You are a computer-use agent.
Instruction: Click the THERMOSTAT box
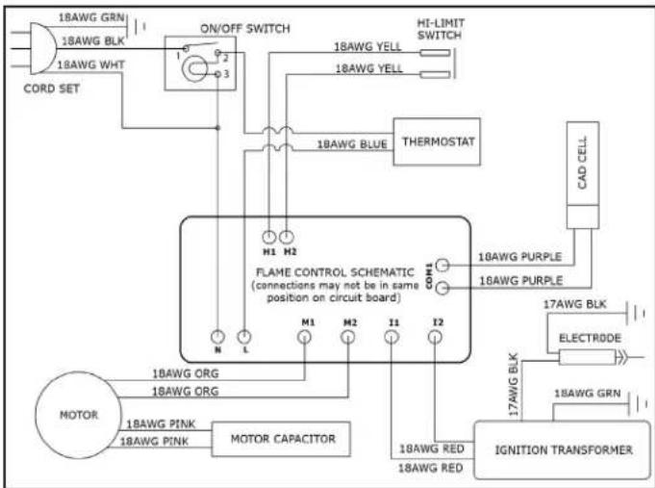(x=437, y=141)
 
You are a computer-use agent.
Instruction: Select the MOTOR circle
(x=79, y=415)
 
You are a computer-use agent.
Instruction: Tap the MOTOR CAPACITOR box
(x=281, y=439)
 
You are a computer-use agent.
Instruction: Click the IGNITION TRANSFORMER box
(x=563, y=449)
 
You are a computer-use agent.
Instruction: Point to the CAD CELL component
(x=583, y=175)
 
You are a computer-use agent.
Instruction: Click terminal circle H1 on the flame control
(x=269, y=237)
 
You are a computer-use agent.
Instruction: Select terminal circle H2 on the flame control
(x=287, y=237)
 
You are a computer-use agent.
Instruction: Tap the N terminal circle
(x=217, y=337)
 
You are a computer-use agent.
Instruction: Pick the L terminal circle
(x=244, y=337)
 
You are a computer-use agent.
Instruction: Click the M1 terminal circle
(x=305, y=337)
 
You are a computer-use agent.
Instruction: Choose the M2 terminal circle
(x=348, y=337)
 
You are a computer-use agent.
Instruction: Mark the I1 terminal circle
(x=391, y=337)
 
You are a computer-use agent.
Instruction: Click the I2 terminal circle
(x=435, y=337)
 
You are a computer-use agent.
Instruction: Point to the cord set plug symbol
(x=41, y=48)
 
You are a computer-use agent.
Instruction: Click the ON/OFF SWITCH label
(x=245, y=29)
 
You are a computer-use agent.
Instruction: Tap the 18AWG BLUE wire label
(x=352, y=144)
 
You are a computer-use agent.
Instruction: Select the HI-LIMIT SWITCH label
(x=441, y=29)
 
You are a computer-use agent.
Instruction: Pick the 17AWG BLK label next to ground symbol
(x=574, y=304)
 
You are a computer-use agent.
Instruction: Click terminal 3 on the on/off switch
(x=217, y=74)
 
